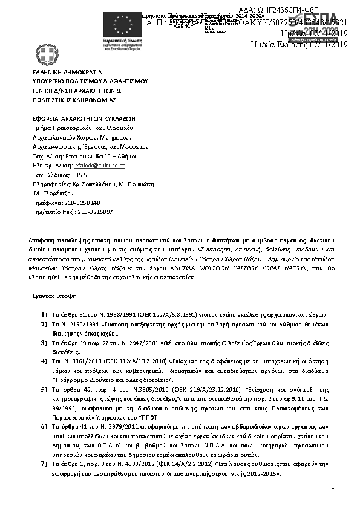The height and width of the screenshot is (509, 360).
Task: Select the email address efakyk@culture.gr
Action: point(105,164)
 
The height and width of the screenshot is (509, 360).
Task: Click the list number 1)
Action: point(44,315)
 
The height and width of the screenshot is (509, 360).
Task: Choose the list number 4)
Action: point(44,361)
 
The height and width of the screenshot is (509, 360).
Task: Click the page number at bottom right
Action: point(333,487)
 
